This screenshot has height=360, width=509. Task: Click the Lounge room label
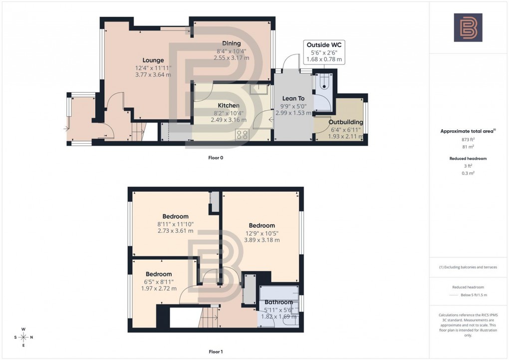153,60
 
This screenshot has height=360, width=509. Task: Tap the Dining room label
231,43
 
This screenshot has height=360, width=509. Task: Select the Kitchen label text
229,105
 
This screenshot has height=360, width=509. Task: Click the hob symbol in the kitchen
243,134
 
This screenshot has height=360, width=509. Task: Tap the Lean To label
294,99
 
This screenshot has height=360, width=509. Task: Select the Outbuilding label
346,122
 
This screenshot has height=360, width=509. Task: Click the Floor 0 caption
216,158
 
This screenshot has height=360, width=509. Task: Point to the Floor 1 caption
216,352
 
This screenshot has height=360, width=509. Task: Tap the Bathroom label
278,302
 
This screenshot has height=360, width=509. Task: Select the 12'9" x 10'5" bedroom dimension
261,233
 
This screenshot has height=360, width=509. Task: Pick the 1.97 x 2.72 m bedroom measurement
158,288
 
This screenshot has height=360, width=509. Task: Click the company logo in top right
468,27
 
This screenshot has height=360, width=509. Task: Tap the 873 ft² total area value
468,140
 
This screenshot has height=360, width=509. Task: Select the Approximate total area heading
468,131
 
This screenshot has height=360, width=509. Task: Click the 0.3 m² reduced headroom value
468,173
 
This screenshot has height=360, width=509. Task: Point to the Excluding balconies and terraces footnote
468,267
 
